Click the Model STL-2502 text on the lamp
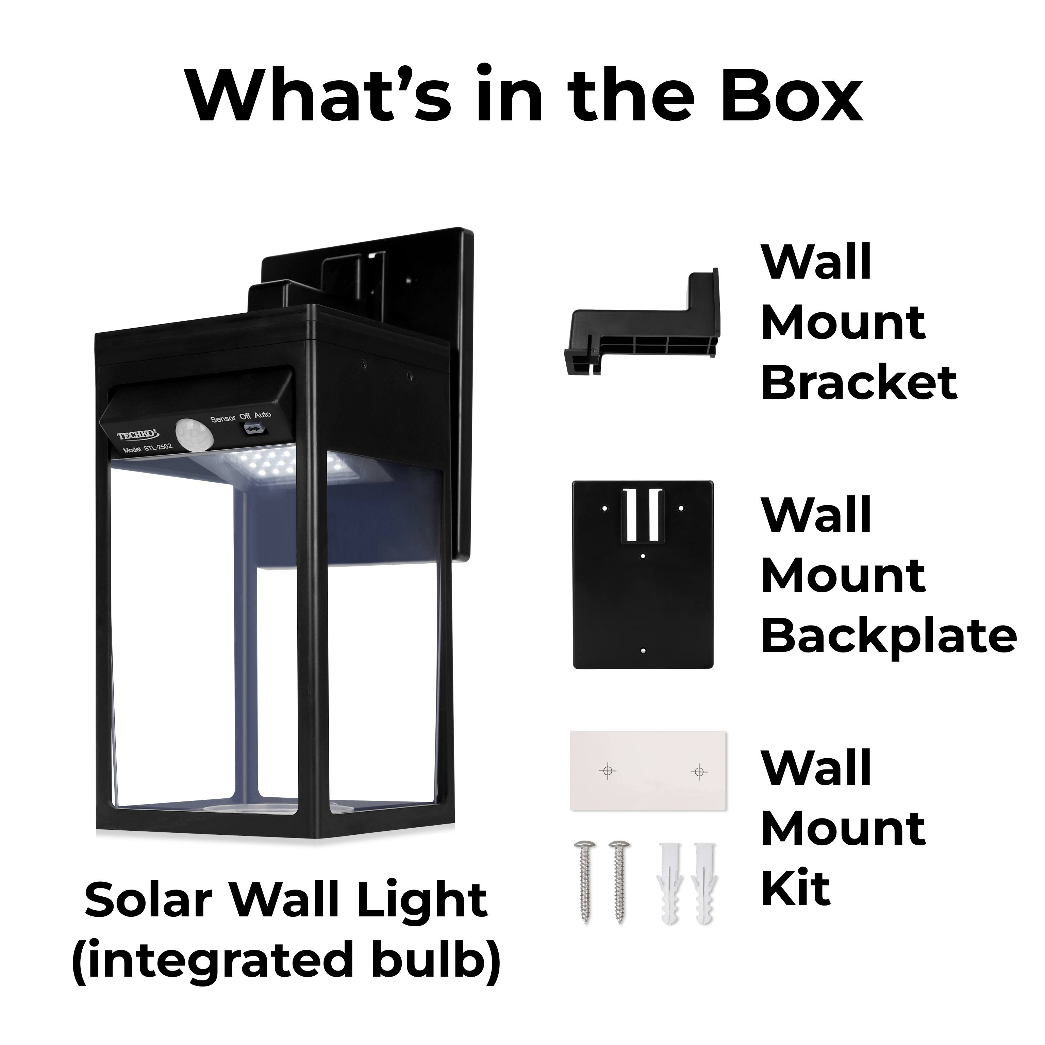pyautogui.click(x=147, y=448)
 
